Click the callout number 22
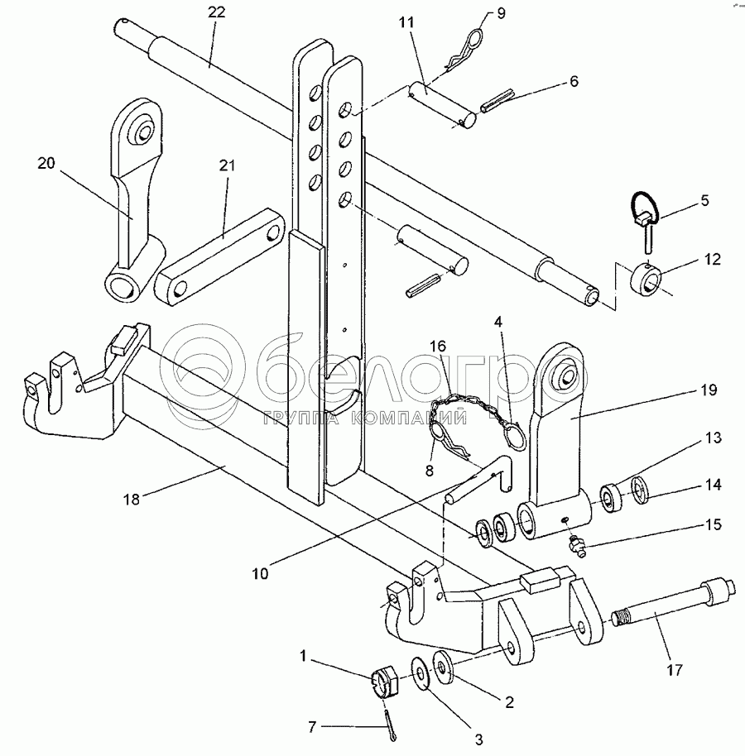217,12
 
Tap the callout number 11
406,22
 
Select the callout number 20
46,164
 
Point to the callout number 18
132,499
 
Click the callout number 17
675,670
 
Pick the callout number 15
714,524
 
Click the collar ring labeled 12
646,280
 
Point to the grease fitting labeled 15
577,546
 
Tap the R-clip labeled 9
464,50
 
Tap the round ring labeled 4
515,435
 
